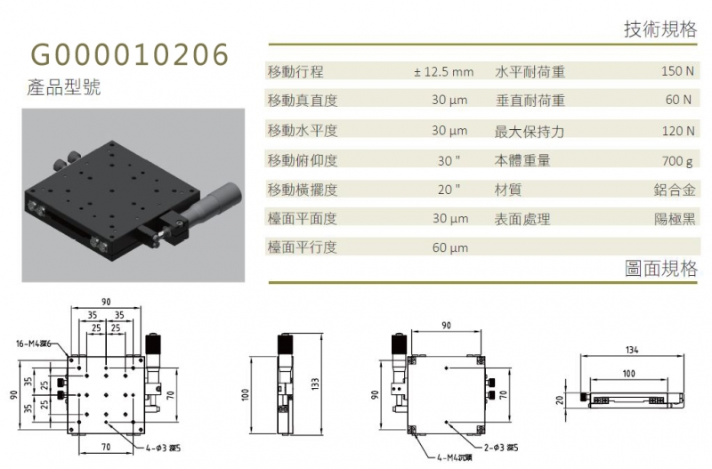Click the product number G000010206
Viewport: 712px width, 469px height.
[129, 54]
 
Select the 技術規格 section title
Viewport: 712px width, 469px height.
[660, 29]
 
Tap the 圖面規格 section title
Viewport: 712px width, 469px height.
[660, 269]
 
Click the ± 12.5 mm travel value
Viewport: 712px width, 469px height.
[443, 72]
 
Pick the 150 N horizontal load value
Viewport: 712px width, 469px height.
[677, 71]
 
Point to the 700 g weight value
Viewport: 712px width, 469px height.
[677, 161]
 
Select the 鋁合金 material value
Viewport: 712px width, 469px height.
[675, 190]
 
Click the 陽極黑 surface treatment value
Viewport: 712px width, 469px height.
[675, 219]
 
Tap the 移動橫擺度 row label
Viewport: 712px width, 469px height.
[303, 190]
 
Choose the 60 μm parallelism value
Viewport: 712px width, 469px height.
[450, 248]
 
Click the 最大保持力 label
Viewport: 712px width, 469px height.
[530, 132]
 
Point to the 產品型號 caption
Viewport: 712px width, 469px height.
[63, 87]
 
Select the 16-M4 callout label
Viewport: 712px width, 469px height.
[34, 344]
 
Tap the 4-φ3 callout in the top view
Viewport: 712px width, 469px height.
[163, 449]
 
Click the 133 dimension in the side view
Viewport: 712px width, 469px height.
[315, 384]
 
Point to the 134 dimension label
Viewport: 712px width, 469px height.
[632, 350]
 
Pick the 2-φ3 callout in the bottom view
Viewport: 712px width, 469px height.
[501, 448]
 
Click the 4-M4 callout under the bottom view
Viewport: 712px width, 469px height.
[454, 457]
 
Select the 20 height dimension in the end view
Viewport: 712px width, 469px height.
[560, 400]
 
